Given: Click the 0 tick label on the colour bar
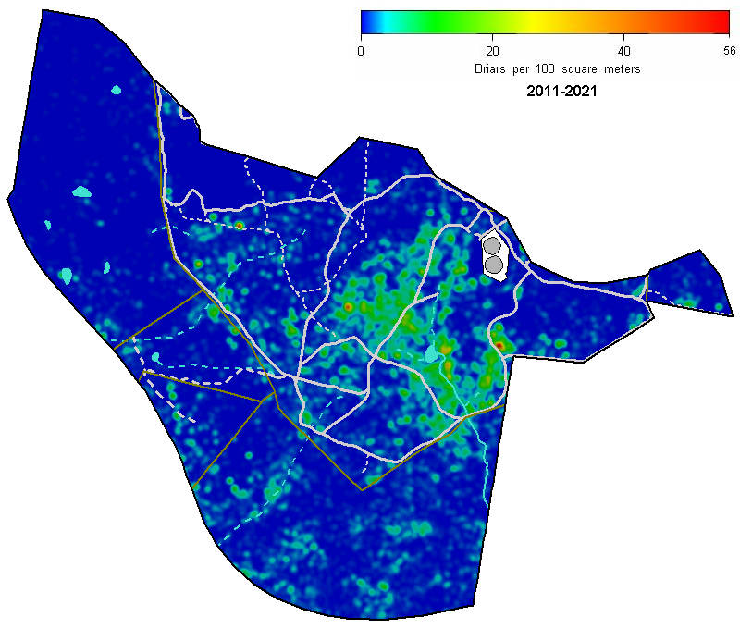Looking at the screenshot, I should [361, 51].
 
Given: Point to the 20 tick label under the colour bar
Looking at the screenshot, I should [493, 51].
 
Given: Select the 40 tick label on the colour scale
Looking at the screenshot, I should [624, 51].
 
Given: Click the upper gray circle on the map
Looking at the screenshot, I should [492, 246].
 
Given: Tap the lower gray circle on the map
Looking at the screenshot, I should [494, 265].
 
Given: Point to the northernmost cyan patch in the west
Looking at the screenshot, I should [116, 91].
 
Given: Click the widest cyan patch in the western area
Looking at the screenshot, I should [81, 192].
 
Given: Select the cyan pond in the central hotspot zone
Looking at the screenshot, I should [432, 353].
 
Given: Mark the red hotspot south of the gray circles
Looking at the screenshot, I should [499, 345].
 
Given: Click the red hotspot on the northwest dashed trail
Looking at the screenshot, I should [239, 225].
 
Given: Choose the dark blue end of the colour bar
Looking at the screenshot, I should [366, 22].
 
